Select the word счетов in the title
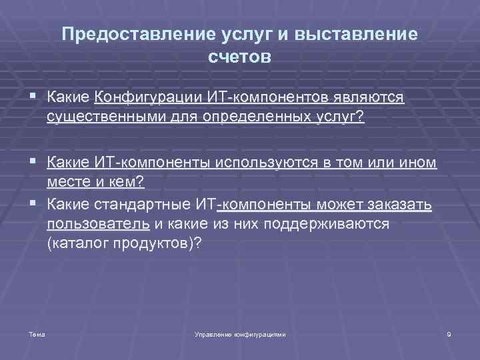(239, 57)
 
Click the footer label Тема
(37, 333)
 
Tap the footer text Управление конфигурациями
(239, 333)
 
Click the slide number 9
(449, 333)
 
